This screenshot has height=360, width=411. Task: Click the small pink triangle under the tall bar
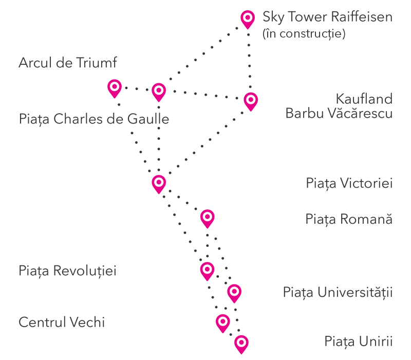coord(160,93)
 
